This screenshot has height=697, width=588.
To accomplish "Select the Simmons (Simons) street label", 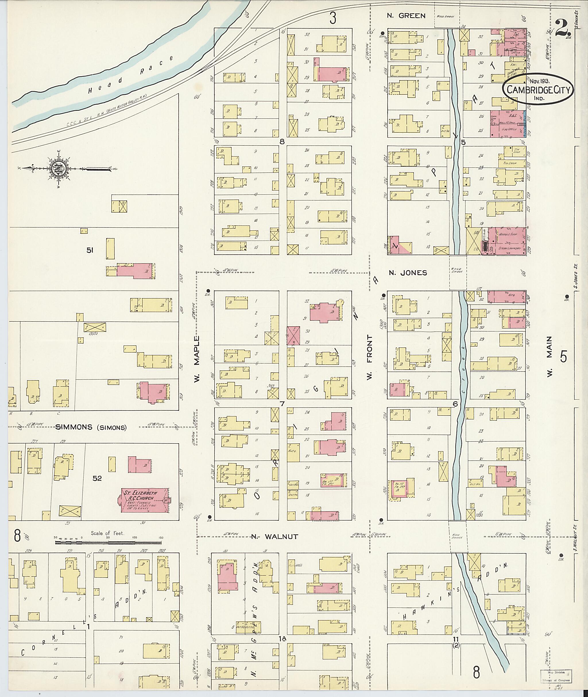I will [91, 428].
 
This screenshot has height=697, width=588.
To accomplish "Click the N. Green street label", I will [406, 16].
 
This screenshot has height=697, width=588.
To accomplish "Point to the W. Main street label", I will [549, 356].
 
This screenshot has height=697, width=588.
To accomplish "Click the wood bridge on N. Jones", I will [458, 273].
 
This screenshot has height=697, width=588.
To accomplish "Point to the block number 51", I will [90, 250].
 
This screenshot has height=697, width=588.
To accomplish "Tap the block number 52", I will [97, 478].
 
